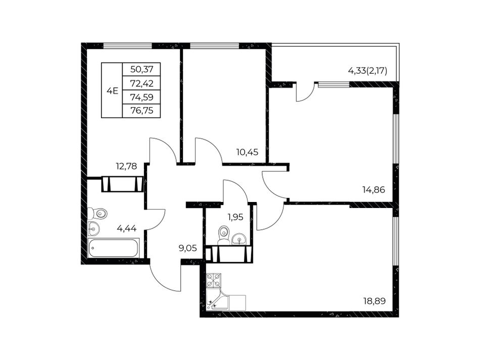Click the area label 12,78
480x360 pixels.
coord(126,167)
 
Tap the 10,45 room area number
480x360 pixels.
coord(247,151)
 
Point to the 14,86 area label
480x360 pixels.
coord(373,190)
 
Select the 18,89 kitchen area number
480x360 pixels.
coord(374,301)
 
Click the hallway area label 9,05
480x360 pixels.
coord(187,248)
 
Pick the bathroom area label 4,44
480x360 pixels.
coord(126,228)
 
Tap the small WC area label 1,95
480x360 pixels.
coord(235,217)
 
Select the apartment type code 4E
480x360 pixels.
coord(112,91)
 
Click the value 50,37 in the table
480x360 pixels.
coord(142,69)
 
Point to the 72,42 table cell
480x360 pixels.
coord(142,83)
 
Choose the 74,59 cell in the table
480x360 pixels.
coord(142,97)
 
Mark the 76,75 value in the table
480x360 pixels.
coord(142,111)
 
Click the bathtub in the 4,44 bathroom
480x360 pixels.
coord(114,248)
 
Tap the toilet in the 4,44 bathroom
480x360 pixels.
coord(97,213)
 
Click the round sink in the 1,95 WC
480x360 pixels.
coord(239,239)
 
